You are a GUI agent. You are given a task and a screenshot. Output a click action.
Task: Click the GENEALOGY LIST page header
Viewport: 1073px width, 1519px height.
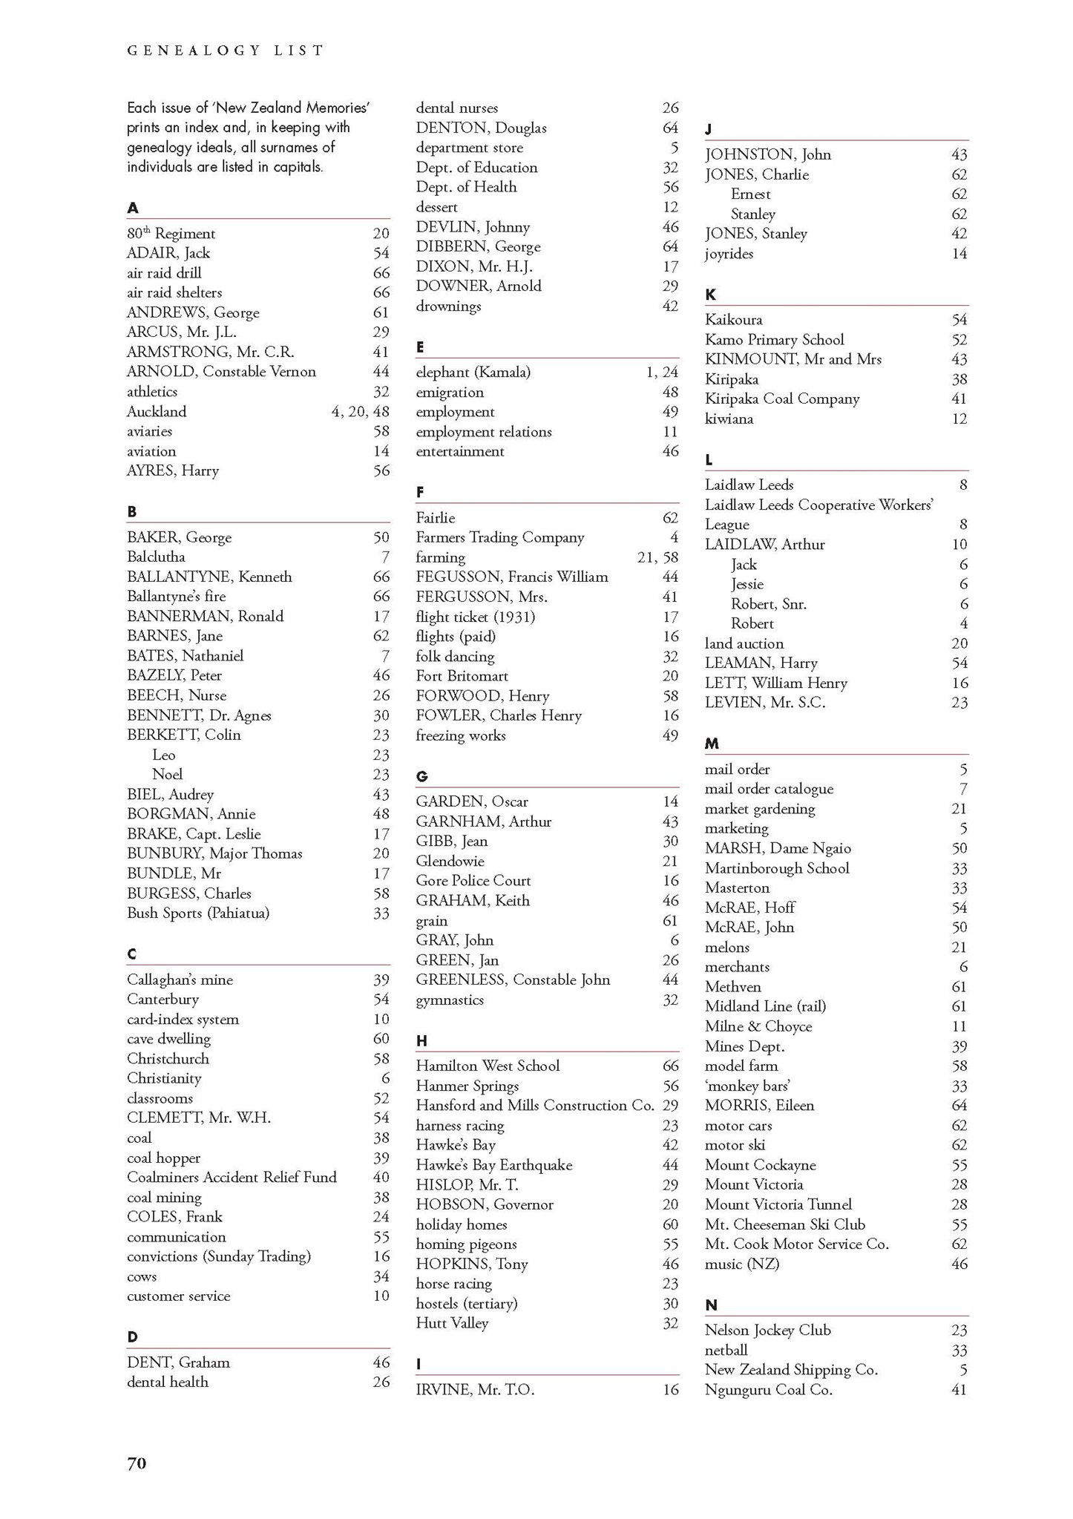pos(226,50)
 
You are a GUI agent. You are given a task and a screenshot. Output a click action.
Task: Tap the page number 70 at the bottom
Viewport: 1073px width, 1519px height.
pos(137,1463)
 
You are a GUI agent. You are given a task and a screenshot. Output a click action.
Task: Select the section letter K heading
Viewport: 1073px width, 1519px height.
pos(710,295)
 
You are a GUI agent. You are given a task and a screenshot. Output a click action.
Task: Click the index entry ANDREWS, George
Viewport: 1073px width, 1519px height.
pos(193,312)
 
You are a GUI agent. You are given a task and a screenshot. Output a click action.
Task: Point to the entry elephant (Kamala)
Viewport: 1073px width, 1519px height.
pos(473,373)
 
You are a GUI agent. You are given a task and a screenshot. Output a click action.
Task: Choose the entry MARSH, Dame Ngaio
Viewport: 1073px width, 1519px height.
pos(778,848)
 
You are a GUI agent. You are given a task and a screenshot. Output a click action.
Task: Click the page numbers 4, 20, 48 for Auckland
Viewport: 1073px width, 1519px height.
pos(360,411)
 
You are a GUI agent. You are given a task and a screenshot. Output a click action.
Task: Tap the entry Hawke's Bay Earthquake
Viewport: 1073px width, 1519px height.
pos(494,1165)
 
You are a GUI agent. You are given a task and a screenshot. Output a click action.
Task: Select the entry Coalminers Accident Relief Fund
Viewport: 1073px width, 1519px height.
pos(232,1177)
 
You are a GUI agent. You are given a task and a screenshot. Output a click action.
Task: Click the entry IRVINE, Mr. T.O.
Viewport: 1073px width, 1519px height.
pos(475,1390)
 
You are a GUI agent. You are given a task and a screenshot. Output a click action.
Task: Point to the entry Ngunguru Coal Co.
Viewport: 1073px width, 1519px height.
pos(768,1390)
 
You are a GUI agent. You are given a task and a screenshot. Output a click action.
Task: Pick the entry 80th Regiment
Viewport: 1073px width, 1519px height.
pos(171,234)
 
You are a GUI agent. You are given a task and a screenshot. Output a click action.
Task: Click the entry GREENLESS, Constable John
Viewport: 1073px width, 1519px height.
pos(513,980)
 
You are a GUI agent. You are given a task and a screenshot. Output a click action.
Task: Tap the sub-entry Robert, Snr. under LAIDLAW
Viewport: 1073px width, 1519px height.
pos(768,604)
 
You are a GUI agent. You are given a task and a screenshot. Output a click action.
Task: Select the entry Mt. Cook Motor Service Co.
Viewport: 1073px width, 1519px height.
pos(796,1244)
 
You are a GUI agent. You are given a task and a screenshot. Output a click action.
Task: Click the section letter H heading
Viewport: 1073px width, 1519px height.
pos(421,1040)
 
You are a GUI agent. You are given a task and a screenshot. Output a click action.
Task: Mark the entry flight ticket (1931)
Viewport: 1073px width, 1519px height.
pos(475,617)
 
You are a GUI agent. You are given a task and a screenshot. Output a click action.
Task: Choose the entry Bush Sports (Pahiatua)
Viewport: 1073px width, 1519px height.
pos(198,913)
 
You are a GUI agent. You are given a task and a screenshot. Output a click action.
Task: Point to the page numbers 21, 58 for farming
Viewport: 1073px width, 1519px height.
pos(657,557)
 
